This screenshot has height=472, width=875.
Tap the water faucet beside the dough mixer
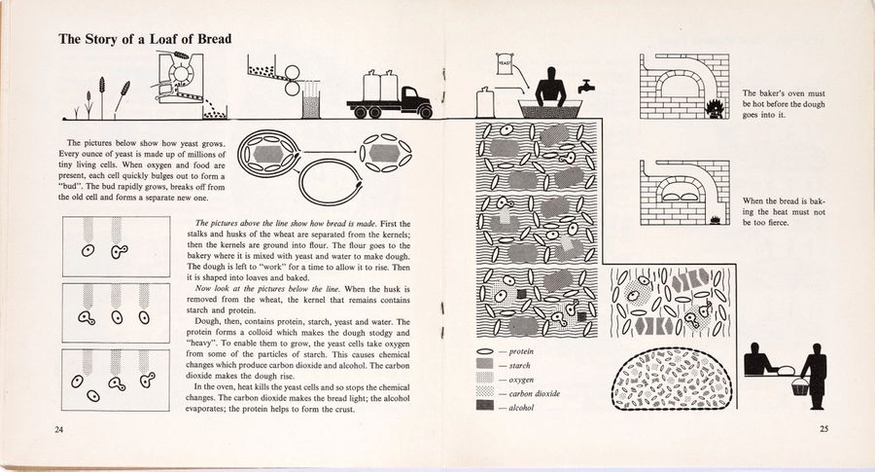pos(585,86)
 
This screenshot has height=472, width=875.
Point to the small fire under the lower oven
pos(714,220)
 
